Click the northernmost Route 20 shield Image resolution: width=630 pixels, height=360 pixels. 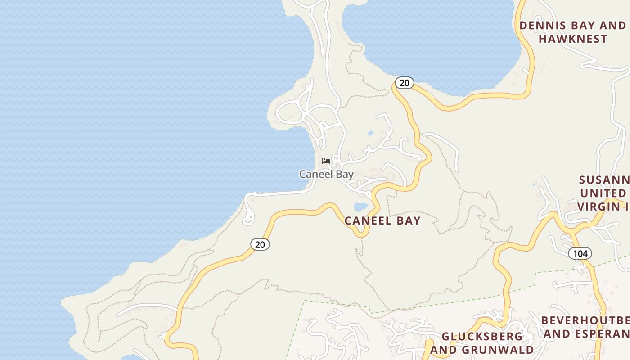click(405, 83)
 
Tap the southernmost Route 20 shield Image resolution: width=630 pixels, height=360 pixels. click(260, 244)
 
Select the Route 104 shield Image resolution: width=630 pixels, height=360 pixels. click(580, 253)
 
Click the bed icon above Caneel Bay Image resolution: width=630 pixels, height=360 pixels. click(326, 161)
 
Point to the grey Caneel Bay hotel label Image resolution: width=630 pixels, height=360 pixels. click(326, 174)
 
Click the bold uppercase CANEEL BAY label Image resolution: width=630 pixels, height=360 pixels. click(382, 220)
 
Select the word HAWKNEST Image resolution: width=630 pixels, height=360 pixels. click(573, 39)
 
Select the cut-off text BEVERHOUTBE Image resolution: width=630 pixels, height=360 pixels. click(585, 320)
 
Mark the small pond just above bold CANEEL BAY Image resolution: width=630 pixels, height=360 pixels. click(361, 207)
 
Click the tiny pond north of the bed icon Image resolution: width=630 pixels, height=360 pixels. click(370, 134)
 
